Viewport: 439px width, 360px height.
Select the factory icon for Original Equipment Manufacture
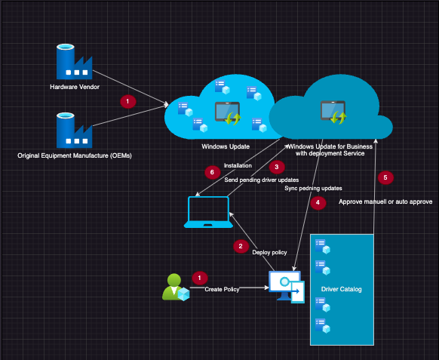coord(74,130)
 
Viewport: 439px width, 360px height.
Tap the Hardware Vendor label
coord(74,87)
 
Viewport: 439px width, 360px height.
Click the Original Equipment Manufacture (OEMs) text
coord(74,155)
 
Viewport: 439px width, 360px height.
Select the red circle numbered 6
coord(211,172)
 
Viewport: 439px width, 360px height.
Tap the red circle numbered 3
coord(278,166)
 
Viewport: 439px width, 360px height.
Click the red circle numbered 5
coord(386,177)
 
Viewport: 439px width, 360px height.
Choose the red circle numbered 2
coord(241,245)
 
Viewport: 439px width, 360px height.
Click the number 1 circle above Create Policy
coord(199,278)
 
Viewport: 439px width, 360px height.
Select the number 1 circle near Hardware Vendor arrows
coord(128,100)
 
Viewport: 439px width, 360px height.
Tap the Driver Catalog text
coord(343,289)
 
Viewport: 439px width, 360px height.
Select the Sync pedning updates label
coord(313,188)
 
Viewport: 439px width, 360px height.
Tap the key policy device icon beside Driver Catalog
coord(287,288)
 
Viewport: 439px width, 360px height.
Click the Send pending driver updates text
coord(262,180)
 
